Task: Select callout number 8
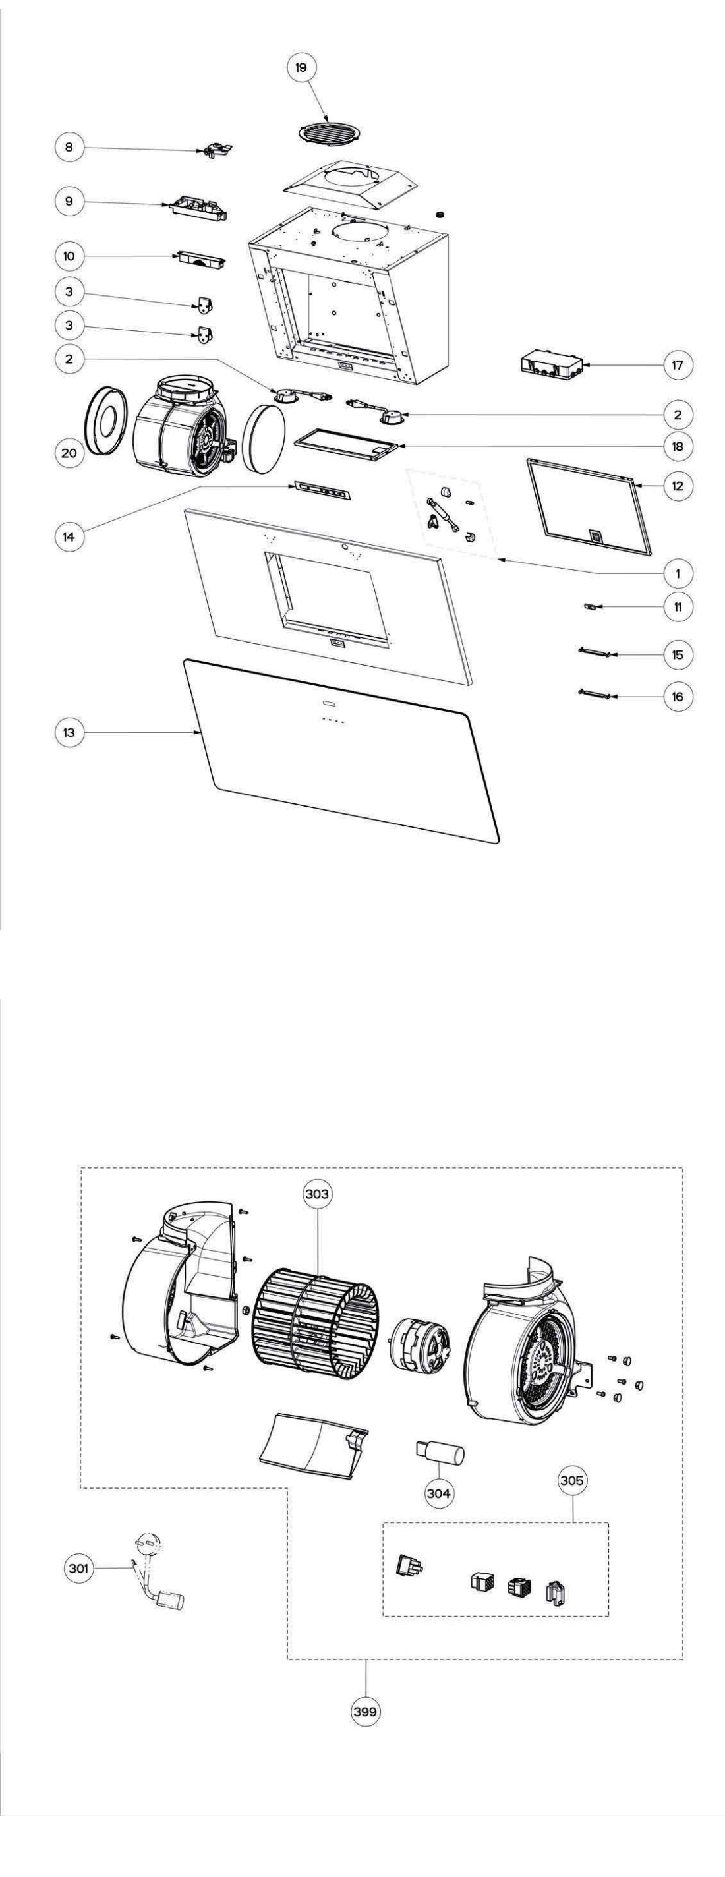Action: [69, 147]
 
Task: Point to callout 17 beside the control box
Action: [678, 364]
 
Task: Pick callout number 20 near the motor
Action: [69, 453]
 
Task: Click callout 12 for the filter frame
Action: [678, 485]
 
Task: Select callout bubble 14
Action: [69, 536]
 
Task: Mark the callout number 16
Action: [678, 697]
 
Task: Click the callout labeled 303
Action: [318, 1194]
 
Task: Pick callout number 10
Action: [69, 256]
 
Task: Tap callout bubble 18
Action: [678, 446]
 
